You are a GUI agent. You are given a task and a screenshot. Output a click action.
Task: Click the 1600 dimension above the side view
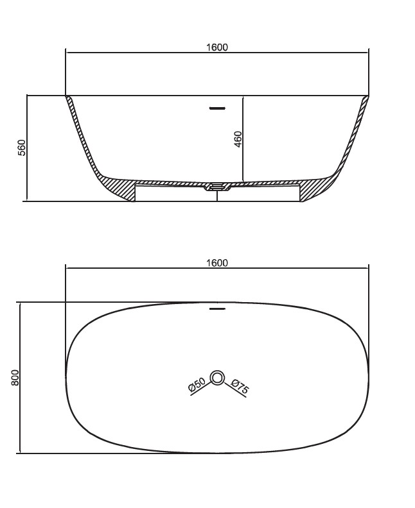(217, 47)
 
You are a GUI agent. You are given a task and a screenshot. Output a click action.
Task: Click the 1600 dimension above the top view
(217, 263)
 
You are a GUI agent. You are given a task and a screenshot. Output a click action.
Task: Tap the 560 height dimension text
(21, 148)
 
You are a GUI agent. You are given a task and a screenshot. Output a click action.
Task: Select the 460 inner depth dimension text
(238, 139)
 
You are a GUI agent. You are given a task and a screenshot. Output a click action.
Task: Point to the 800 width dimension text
(15, 377)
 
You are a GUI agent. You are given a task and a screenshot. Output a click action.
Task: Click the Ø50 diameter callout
(197, 385)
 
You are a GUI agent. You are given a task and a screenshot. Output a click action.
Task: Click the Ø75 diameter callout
(240, 386)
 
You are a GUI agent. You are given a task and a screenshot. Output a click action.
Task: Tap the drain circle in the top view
(217, 378)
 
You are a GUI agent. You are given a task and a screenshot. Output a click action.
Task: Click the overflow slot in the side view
(217, 108)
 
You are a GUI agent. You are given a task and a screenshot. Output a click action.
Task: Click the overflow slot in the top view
(217, 309)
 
